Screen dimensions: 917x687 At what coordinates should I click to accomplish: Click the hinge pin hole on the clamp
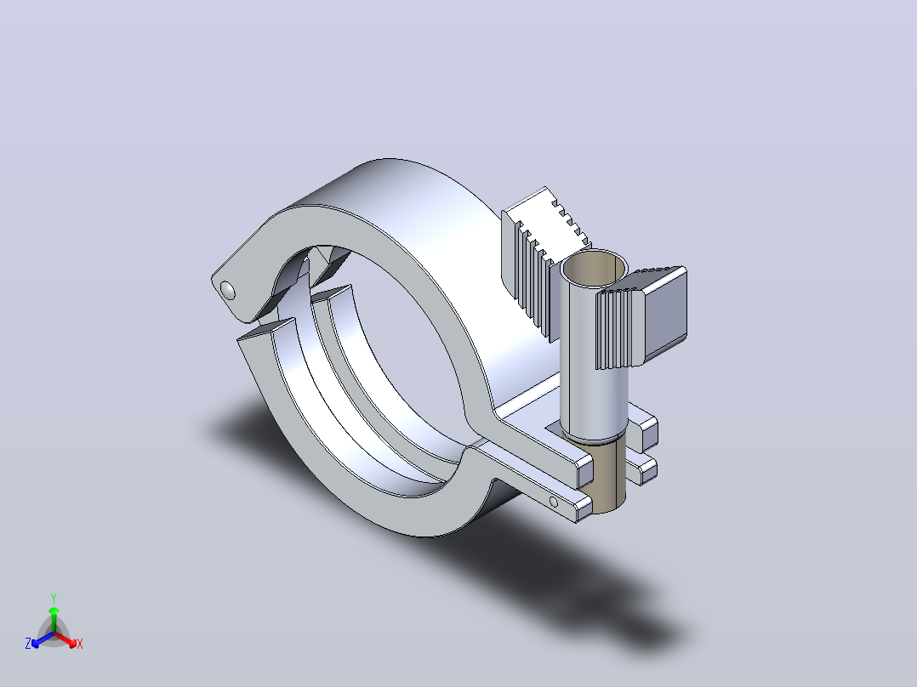click(x=227, y=290)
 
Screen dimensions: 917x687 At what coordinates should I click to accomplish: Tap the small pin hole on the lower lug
click(x=553, y=502)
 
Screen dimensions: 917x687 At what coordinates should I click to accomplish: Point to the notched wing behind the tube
click(x=544, y=258)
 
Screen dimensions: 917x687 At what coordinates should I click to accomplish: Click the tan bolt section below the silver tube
click(x=608, y=476)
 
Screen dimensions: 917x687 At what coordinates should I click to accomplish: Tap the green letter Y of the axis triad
click(x=54, y=598)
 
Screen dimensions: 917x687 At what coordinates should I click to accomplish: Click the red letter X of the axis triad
click(x=80, y=644)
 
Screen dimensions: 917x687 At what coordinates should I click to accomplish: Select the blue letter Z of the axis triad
click(x=28, y=644)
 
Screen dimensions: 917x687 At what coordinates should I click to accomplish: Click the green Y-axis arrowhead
click(x=54, y=610)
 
